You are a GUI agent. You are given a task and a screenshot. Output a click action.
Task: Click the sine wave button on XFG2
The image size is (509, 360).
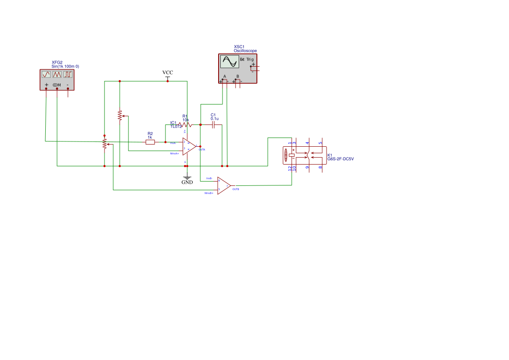[x=47, y=74]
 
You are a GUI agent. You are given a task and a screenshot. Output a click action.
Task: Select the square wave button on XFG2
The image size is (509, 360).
[x=68, y=74]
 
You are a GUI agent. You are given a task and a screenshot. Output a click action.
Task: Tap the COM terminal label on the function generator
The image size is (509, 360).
[x=57, y=84]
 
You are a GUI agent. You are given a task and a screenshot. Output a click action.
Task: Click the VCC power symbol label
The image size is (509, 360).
[x=168, y=73]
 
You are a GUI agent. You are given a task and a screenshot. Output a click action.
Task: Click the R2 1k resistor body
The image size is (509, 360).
[x=150, y=142]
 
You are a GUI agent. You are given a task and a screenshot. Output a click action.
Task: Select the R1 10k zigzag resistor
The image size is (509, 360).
[x=185, y=124]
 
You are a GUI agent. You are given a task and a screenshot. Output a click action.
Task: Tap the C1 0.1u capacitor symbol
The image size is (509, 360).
[x=213, y=124]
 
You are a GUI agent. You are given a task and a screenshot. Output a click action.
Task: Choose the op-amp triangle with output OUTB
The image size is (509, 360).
[x=223, y=185]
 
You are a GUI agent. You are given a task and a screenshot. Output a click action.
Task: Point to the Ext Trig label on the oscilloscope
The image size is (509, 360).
[x=246, y=59]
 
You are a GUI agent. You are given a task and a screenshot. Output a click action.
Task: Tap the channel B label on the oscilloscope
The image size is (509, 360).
[x=238, y=77]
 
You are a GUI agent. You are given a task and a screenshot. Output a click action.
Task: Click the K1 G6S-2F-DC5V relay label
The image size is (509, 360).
[x=340, y=157]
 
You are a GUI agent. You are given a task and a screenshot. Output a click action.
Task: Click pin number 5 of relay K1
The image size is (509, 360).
[x=321, y=143]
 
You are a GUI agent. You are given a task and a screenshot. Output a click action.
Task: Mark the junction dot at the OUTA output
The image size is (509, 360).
[x=200, y=146]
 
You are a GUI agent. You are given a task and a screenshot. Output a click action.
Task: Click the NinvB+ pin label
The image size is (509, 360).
[x=209, y=192]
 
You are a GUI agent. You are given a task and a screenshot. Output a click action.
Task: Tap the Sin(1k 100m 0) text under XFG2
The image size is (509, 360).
[x=65, y=66]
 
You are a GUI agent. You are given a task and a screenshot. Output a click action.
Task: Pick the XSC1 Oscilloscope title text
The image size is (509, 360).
[x=245, y=49]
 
